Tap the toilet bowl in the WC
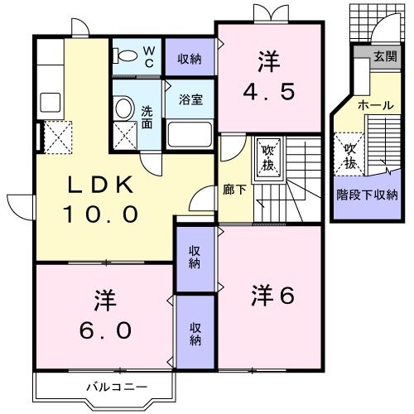(127, 55)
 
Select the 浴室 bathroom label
(190, 96)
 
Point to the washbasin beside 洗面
(123, 108)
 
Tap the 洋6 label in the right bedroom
(271, 295)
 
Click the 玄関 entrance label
(384, 57)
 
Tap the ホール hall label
(375, 105)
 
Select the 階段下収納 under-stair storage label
(367, 195)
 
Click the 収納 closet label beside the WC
(190, 58)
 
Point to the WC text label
(149, 55)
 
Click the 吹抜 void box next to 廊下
(269, 155)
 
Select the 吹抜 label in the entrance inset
(350, 155)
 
